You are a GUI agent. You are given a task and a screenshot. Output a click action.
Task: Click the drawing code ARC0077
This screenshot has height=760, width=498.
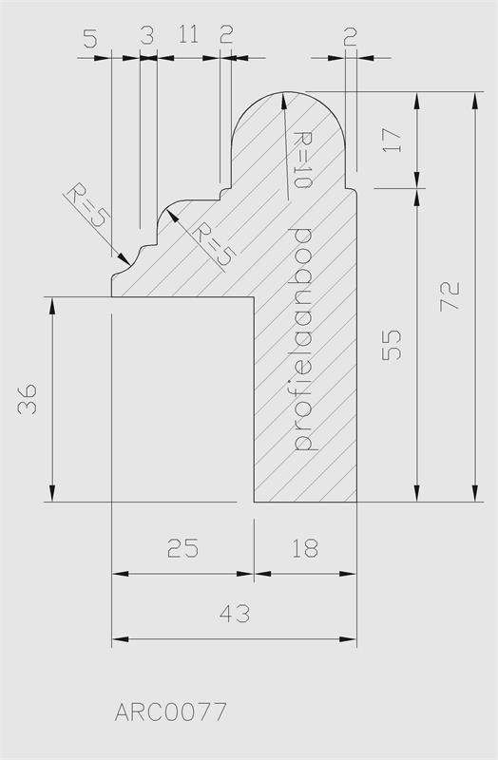click(x=171, y=712)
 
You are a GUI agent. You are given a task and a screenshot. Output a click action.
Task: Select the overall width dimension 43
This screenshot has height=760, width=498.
click(x=235, y=614)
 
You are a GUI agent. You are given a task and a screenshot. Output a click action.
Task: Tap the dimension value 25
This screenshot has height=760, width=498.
click(x=182, y=549)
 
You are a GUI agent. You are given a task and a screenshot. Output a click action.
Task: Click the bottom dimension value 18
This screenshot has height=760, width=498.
click(x=305, y=549)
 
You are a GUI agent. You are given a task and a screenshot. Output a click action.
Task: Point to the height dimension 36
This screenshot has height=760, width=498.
click(x=28, y=399)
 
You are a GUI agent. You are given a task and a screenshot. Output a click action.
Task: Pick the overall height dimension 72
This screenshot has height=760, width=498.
click(x=449, y=295)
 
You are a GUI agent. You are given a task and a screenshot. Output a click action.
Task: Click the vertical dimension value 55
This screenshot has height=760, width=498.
click(x=392, y=345)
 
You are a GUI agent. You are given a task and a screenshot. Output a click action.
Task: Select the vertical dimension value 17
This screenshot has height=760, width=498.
click(x=392, y=140)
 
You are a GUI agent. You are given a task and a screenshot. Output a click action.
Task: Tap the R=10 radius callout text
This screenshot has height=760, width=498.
click(x=302, y=160)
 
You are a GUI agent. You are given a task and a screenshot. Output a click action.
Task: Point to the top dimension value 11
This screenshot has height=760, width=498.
click(x=188, y=35)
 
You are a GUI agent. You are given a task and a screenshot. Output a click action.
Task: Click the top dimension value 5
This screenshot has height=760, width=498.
click(x=90, y=38)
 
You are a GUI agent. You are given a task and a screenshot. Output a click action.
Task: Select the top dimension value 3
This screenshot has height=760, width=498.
click(x=147, y=35)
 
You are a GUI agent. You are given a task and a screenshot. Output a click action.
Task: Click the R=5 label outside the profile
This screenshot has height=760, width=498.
click(x=86, y=205)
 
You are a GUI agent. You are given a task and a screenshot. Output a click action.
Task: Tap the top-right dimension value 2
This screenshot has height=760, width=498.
click(x=350, y=36)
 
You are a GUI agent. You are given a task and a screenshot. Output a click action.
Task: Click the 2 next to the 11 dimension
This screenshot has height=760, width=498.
click(x=226, y=34)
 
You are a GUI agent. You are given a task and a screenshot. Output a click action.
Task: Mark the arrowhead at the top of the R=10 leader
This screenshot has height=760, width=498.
click(x=281, y=98)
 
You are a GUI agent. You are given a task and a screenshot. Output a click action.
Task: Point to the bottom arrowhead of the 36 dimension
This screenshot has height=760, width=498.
click(x=52, y=493)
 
